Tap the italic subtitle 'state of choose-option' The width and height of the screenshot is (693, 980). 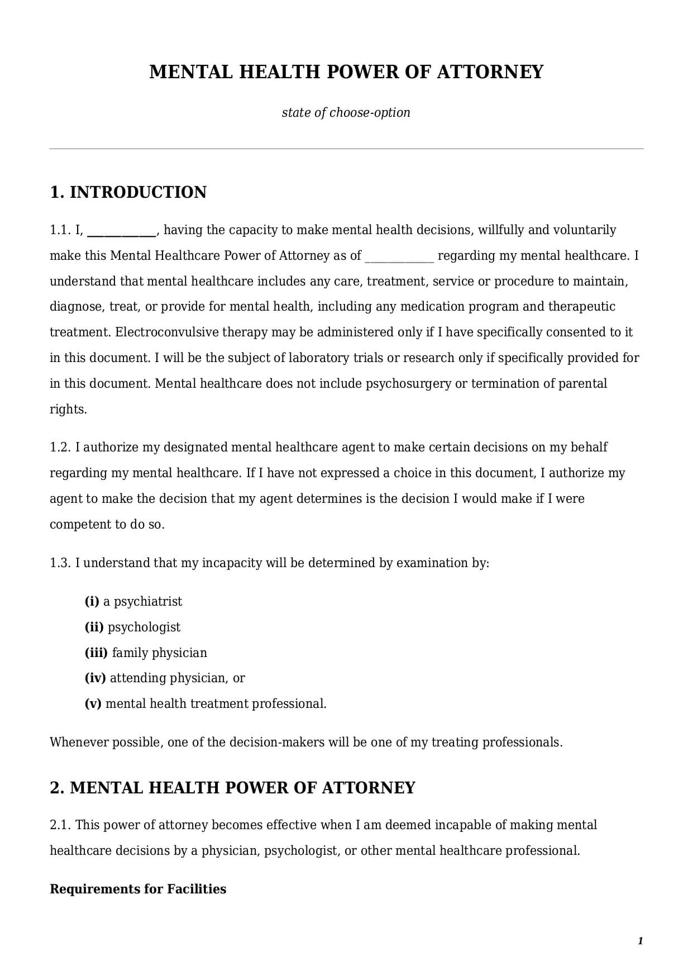(346, 112)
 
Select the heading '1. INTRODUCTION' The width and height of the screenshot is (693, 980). (128, 192)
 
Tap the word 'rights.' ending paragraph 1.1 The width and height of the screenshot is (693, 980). (68, 410)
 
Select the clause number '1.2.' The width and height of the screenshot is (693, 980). (60, 448)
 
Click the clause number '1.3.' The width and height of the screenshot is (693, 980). (60, 563)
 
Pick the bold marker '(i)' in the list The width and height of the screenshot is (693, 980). (92, 602)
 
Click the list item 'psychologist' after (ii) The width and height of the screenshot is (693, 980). (144, 627)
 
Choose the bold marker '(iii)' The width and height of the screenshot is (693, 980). (96, 653)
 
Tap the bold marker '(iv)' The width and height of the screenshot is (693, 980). (95, 678)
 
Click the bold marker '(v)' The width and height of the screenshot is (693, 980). (93, 704)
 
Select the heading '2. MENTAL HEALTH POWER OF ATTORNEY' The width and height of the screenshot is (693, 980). (232, 788)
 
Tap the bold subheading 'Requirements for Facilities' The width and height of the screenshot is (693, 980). (138, 889)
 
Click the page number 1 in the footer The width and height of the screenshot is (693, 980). (641, 941)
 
